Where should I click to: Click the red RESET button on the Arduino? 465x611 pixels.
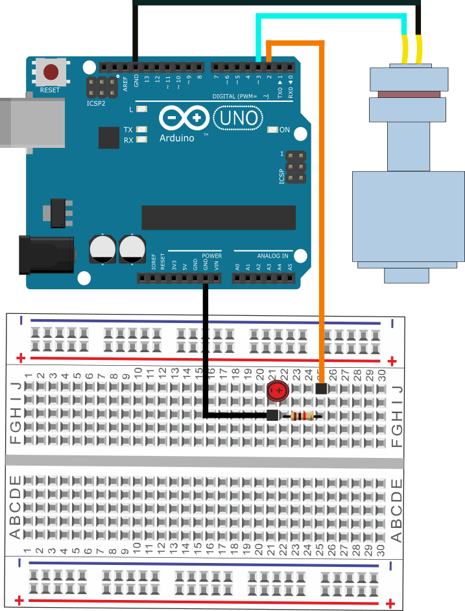50,71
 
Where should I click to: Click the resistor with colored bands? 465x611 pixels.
303,416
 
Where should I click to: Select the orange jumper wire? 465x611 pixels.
322,195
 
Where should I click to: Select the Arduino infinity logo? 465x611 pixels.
184,118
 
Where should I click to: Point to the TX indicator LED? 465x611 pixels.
141,130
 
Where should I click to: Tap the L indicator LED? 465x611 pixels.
141,110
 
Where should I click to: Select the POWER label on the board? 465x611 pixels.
211,256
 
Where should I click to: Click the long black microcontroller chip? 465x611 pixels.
219,217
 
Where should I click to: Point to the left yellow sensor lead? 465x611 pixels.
405,48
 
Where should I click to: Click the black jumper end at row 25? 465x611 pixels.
320,389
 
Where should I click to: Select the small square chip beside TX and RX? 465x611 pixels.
109,138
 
